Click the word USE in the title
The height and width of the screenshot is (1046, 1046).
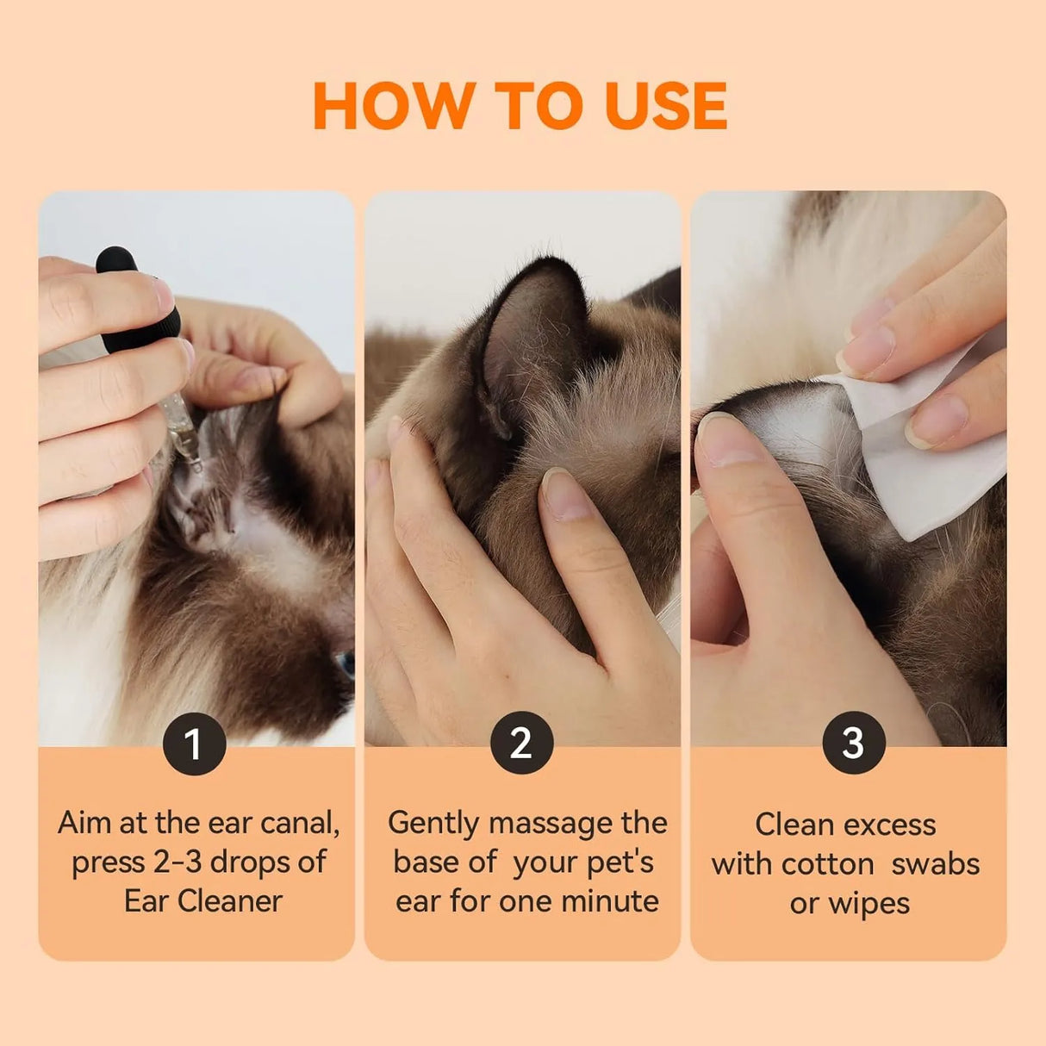pos(665,106)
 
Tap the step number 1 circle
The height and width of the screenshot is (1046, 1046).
pos(194,744)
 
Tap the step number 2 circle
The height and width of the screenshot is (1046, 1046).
pos(521,743)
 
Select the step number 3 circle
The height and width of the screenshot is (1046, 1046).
pos(853,743)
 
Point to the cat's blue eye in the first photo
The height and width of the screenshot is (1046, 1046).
pos(346,663)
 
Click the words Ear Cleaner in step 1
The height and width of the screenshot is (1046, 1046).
pos(202,901)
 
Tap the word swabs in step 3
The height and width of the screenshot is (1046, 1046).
pos(935,863)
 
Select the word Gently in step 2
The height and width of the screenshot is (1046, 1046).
pos(433,824)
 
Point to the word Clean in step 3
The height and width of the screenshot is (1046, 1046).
pos(791,825)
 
